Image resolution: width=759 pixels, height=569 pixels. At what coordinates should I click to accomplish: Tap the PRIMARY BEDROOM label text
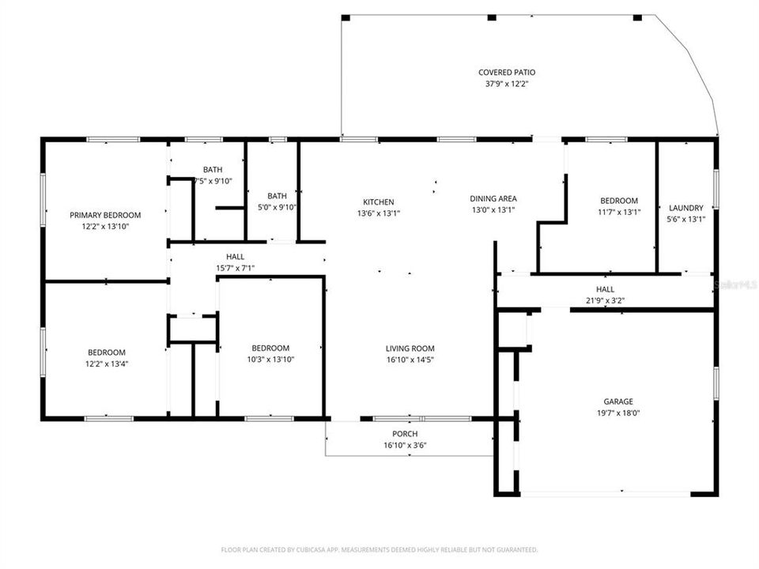[x=105, y=215]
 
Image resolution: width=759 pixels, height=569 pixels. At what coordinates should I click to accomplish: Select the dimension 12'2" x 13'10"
[x=105, y=227]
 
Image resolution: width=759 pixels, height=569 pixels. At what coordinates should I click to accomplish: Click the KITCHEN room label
[x=378, y=202]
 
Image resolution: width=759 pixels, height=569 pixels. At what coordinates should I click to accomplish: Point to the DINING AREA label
[x=493, y=198]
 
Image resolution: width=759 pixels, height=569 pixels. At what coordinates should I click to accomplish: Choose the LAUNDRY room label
[x=685, y=208]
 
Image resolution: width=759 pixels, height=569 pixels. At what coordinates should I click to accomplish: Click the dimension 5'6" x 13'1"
[x=685, y=220]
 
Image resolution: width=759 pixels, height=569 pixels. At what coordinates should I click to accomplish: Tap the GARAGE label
[x=619, y=401]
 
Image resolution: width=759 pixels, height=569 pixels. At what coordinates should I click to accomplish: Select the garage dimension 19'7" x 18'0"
[x=619, y=413]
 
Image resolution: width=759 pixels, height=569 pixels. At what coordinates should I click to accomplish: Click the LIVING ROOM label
[x=410, y=349]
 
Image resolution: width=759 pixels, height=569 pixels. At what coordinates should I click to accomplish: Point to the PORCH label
[x=405, y=434]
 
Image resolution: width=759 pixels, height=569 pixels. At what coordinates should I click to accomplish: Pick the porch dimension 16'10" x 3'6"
[x=405, y=445]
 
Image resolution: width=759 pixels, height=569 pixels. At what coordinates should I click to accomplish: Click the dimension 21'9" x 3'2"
[x=605, y=300]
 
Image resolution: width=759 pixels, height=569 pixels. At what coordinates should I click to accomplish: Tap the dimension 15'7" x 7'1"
[x=235, y=268]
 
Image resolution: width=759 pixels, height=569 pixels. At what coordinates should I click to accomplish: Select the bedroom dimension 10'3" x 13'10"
[x=270, y=360]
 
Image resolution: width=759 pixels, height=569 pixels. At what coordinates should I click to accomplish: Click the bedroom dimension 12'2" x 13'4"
[x=106, y=364]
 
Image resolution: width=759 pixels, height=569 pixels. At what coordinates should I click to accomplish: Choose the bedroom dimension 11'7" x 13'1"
[x=618, y=212]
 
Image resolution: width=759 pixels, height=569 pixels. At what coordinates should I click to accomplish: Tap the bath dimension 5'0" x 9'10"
[x=277, y=208]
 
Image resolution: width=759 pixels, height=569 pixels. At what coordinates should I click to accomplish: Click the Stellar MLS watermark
[x=734, y=282]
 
